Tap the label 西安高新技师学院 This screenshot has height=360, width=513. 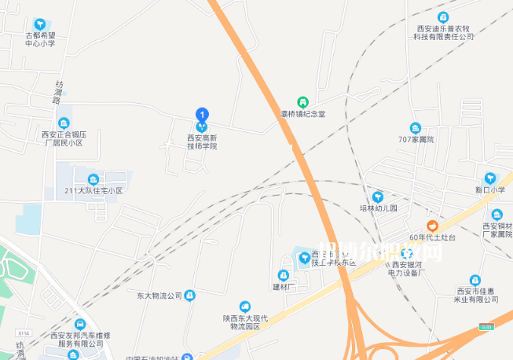point(202,141)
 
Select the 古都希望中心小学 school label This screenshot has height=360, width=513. point(40,39)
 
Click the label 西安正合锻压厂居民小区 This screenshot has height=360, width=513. point(64,138)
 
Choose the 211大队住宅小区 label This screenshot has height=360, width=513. point(93,190)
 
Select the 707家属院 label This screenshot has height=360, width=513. point(416,139)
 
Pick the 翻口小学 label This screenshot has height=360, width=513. point(490,190)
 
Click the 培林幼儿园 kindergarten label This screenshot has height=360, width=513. point(379,208)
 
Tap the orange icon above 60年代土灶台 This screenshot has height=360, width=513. point(432,225)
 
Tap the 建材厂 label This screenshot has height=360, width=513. point(283,286)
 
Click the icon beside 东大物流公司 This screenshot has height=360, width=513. point(189,296)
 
